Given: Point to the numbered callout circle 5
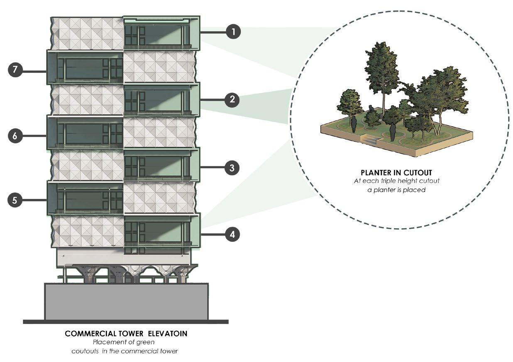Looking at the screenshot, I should click(x=15, y=200).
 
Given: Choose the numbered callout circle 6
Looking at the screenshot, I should click(x=15, y=135).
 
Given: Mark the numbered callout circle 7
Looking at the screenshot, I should click(x=15, y=70).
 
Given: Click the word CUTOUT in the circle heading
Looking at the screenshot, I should click(x=413, y=172).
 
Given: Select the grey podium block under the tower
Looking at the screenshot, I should click(x=126, y=302).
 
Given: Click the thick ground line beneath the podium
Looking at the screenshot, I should click(x=126, y=322).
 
